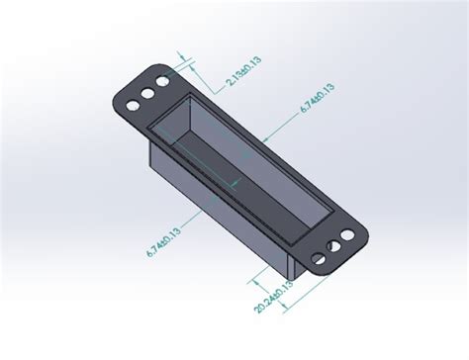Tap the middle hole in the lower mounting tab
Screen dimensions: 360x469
tap(333, 246)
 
